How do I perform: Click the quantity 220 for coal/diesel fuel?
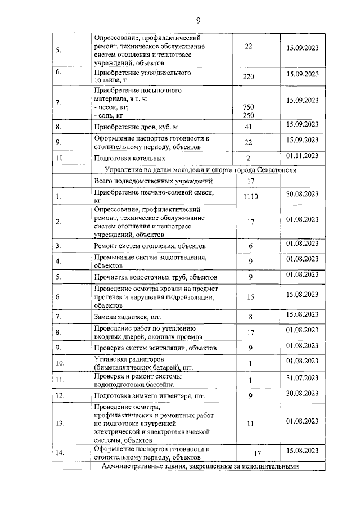[249, 77]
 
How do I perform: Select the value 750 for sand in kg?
[248, 107]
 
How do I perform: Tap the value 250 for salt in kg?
[248, 115]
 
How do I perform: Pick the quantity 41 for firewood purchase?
[248, 127]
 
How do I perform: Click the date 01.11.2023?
[302, 156]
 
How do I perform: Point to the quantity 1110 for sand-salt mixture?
[250, 196]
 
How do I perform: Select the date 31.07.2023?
[302, 377]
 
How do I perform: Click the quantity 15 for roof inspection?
[251, 296]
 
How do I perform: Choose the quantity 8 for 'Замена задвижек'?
[250, 318]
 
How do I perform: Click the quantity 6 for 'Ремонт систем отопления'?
[251, 246]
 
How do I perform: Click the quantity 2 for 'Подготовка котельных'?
[248, 159]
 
